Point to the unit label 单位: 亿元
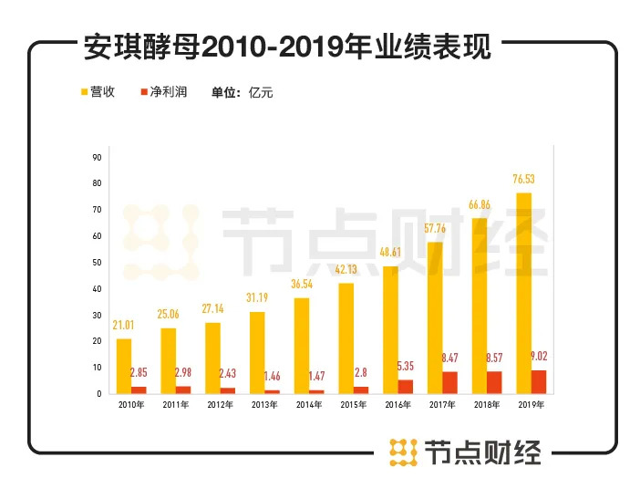coord(242,92)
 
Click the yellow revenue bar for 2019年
coord(522,293)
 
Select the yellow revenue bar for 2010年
coord(124,366)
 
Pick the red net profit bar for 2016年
coord(406,387)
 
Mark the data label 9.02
coord(537,357)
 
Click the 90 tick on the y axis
coord(97,158)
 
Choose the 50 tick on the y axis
coord(97,263)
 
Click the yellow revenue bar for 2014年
coord(301,346)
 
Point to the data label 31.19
coord(257,299)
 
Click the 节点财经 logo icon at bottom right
coord(399,452)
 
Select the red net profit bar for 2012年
coord(228,390)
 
